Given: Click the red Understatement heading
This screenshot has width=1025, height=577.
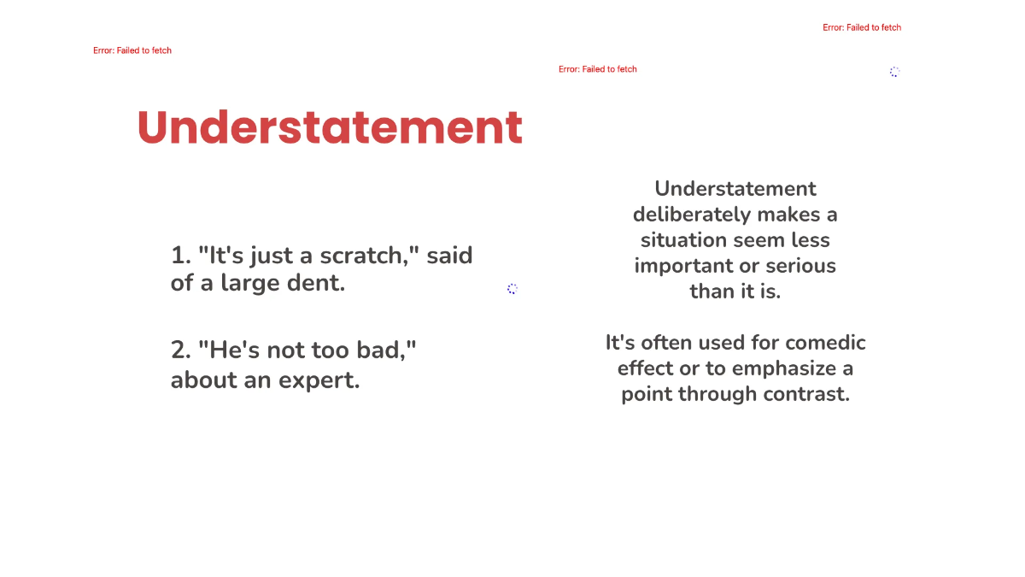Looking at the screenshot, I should coord(330,128).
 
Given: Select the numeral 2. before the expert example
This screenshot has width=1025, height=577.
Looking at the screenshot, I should coord(180,350).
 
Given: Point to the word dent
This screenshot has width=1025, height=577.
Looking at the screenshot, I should coord(319,283).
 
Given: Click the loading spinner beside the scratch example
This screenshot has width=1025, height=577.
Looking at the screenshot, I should coord(512,289).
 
